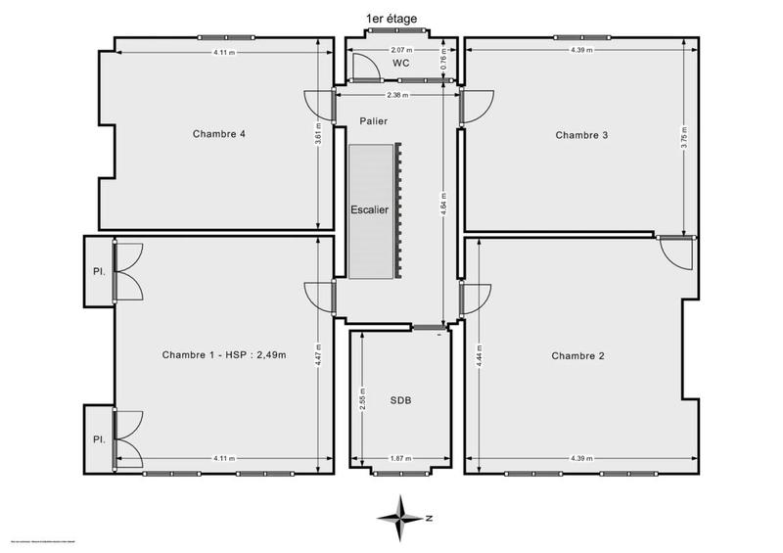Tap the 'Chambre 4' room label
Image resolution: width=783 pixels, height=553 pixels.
pos(219,134)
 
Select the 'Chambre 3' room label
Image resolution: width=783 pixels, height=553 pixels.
pos(581,135)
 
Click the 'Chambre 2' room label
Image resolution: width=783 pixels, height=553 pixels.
pos(577,355)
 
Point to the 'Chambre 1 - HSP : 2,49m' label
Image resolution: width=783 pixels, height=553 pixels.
pos(224,354)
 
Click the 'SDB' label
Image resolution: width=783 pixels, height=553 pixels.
pos(401,399)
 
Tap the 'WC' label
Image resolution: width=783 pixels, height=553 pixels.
pos(400,63)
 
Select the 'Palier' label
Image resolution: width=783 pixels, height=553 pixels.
pos(373,121)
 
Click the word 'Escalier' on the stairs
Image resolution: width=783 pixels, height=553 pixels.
pos(370,209)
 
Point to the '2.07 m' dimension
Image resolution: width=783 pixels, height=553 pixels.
pos(401,49)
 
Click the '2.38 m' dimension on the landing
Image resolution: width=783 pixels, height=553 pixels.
pos(397,96)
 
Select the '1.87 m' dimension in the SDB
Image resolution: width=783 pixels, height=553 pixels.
pos(401,457)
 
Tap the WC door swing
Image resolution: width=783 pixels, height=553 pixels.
pos(364,68)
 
